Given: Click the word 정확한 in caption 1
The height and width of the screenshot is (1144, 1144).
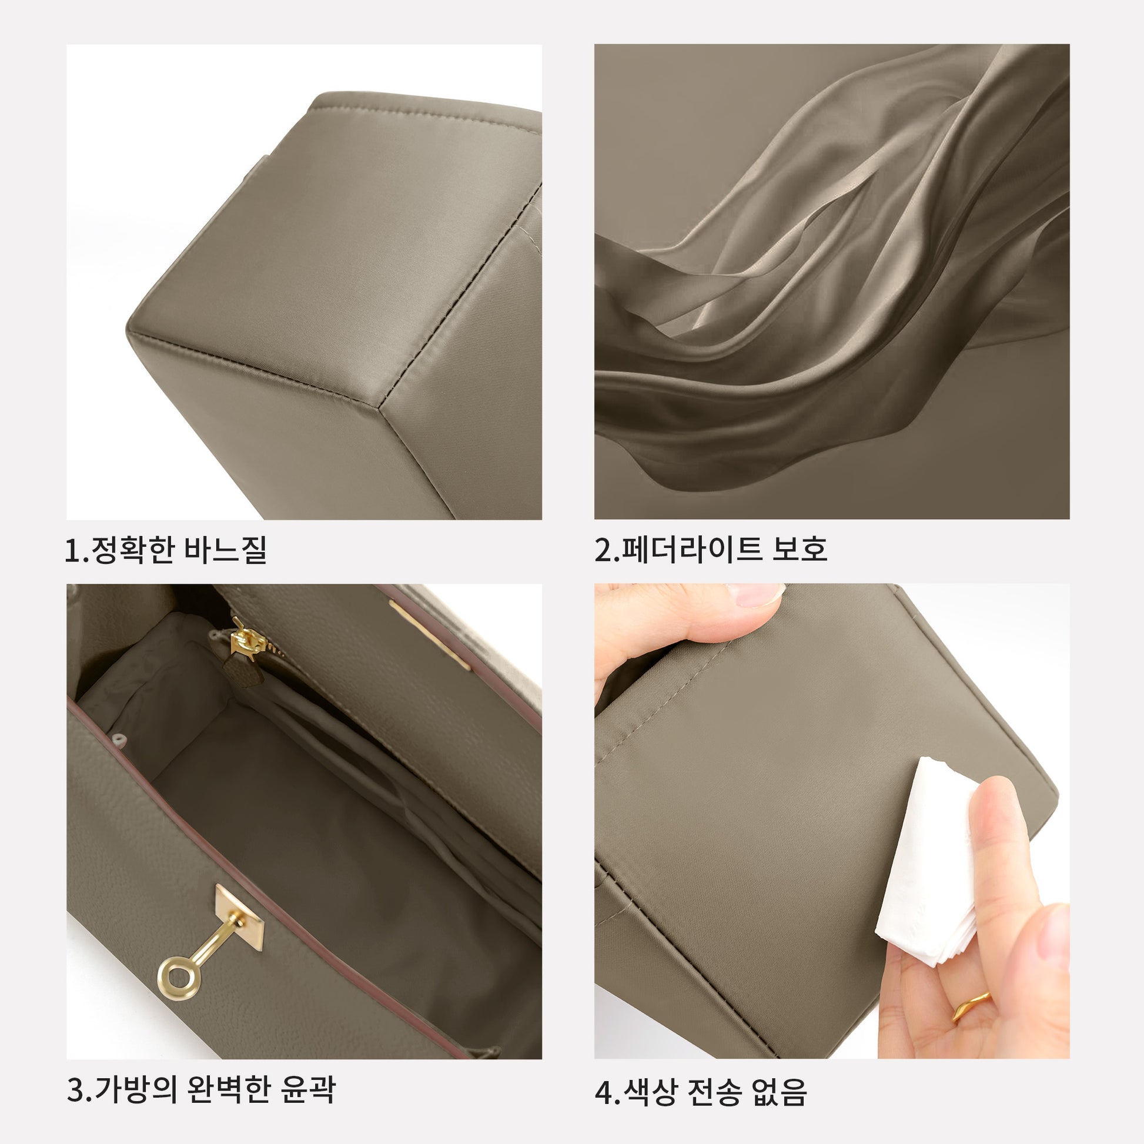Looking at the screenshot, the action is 132,550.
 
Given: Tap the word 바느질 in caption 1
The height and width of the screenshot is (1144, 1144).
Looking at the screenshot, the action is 225,550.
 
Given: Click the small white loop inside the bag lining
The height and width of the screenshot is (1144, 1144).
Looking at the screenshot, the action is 118,739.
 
